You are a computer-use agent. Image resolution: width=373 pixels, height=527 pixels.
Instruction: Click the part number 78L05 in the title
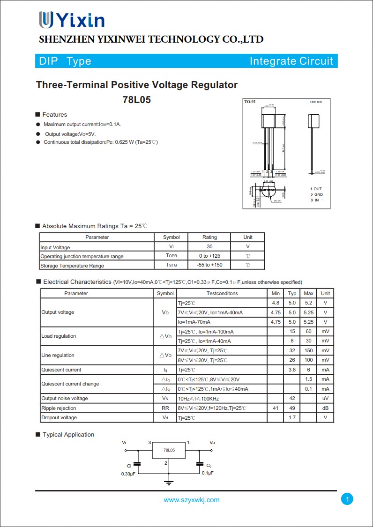coord(137,100)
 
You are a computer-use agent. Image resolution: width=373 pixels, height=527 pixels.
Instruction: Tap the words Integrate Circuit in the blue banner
coord(291,61)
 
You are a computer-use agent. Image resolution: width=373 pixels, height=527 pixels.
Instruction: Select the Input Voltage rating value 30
coord(209,246)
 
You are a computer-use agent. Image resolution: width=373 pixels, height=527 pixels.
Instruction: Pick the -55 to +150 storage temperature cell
coord(209,265)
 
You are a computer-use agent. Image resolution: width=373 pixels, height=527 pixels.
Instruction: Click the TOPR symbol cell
coord(171,256)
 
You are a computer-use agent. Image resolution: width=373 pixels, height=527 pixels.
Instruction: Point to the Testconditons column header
coord(222,293)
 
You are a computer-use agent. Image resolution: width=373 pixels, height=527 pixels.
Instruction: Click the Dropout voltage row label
coord(59,417)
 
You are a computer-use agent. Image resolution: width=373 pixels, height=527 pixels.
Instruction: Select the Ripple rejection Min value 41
coord(276,408)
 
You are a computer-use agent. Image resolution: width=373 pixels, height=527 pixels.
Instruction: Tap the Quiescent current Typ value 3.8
coord(292,370)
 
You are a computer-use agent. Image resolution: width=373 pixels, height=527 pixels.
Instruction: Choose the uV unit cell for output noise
coord(325,398)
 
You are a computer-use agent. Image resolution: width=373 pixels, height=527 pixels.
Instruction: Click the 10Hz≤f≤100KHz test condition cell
coord(198,399)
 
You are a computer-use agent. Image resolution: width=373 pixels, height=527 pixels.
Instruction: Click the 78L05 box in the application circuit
coord(169,450)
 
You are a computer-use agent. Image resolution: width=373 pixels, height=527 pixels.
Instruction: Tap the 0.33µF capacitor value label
coord(129,474)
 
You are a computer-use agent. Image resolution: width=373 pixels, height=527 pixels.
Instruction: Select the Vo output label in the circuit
coord(212,442)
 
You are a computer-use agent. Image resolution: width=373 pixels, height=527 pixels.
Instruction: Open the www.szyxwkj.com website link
coord(191,500)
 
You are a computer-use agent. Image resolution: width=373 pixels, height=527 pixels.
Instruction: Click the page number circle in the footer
coord(347,499)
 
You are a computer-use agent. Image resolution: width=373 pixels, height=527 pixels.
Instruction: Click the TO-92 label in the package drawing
coord(250,102)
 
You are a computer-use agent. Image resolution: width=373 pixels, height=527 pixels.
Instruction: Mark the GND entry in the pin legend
coord(318,194)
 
